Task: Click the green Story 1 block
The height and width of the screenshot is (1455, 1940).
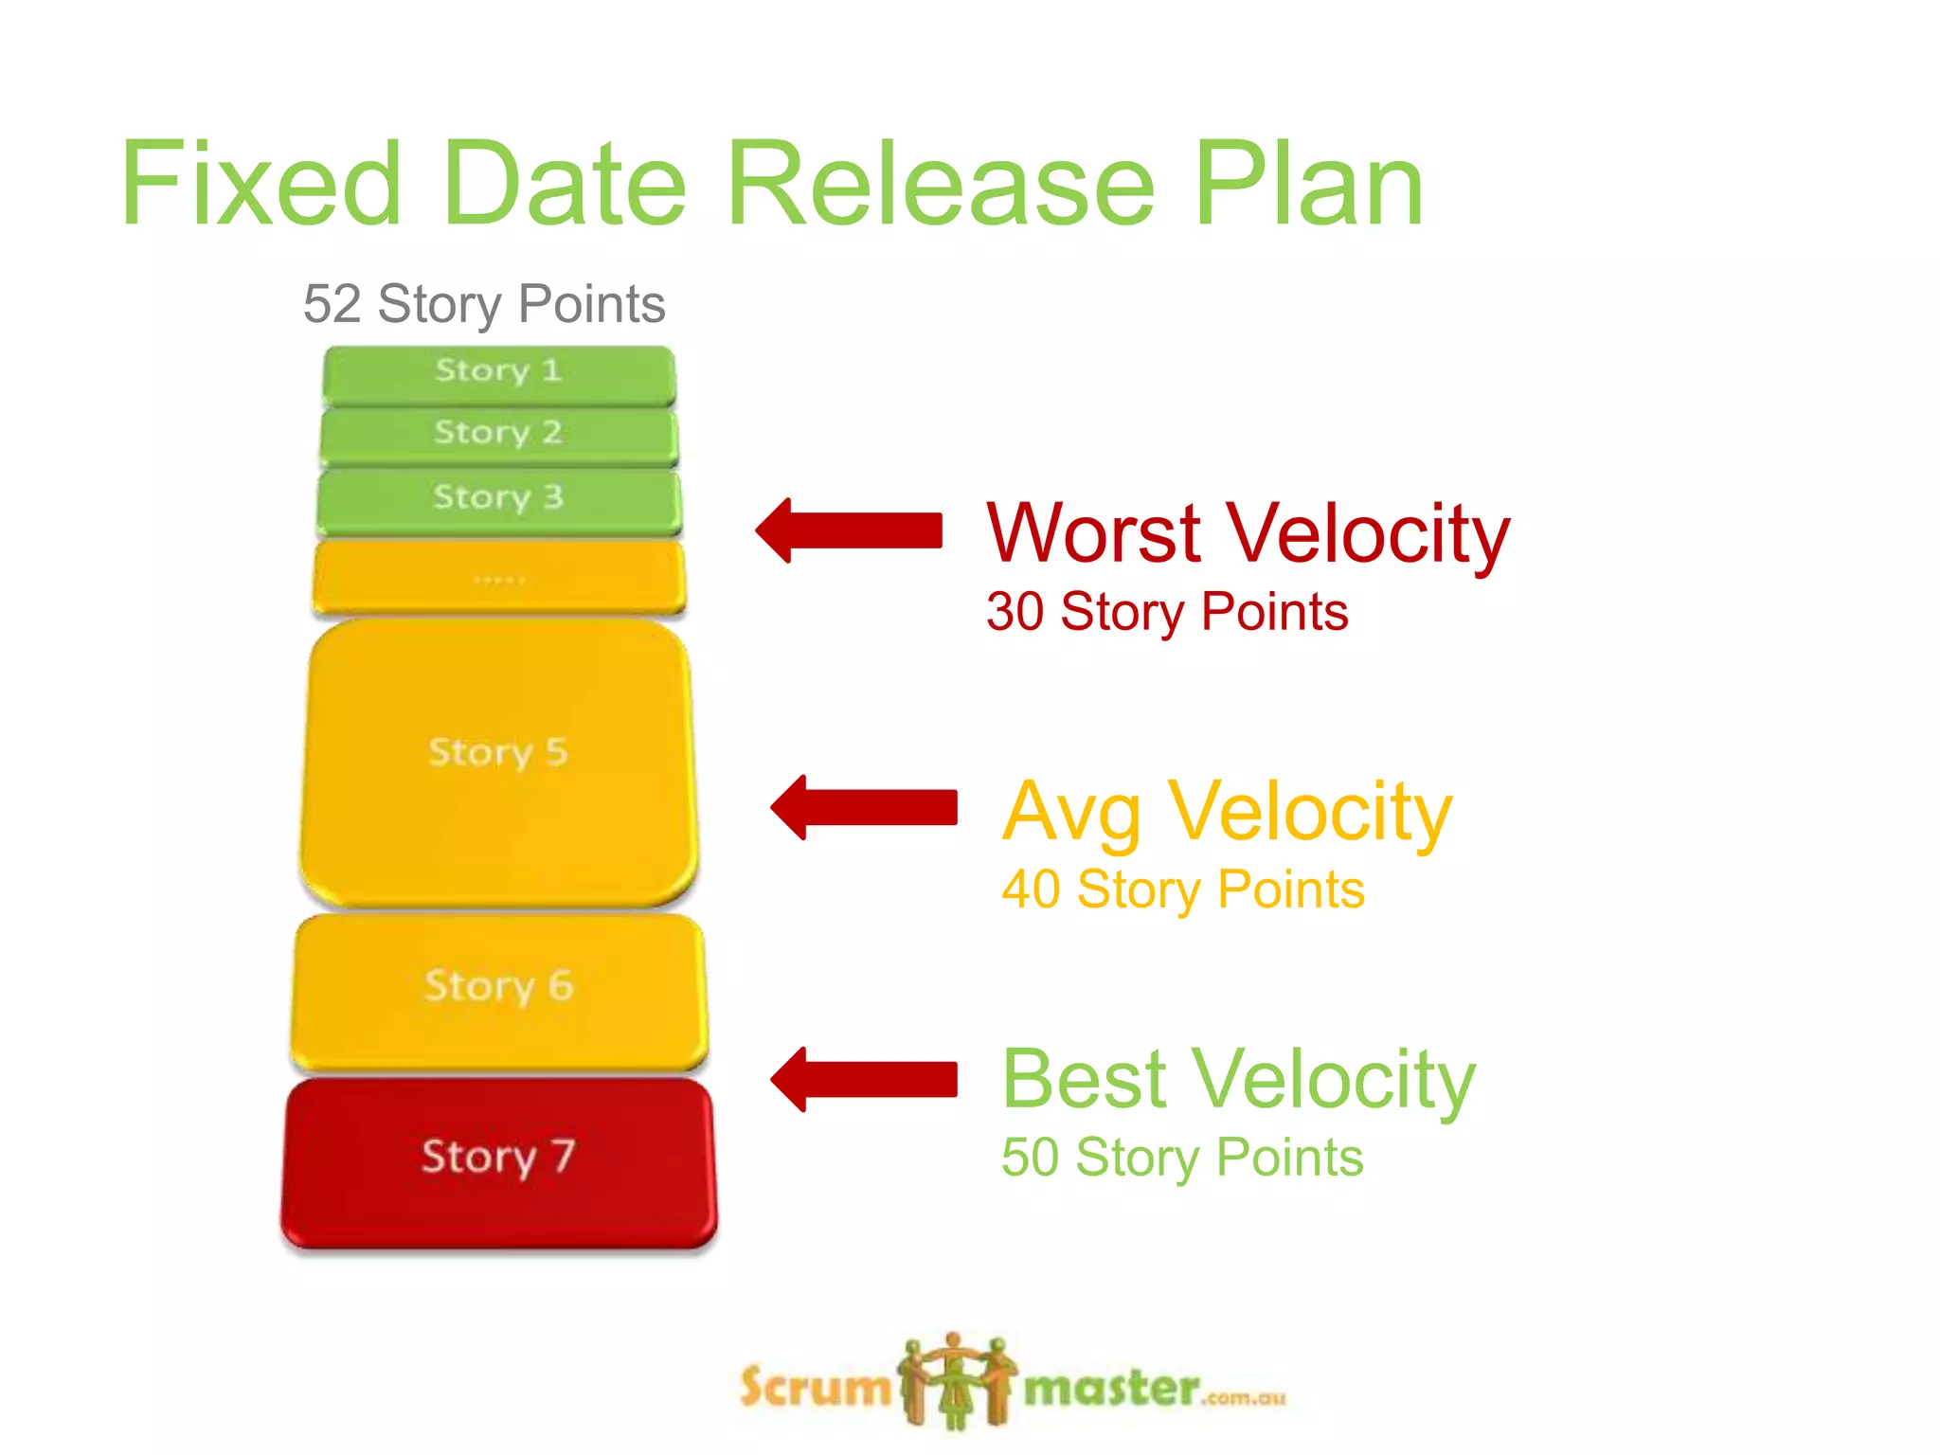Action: coord(498,374)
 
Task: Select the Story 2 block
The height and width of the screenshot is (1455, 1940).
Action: coord(498,435)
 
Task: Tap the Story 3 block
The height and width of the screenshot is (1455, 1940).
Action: coord(498,499)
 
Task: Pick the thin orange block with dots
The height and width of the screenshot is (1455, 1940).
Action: coord(498,577)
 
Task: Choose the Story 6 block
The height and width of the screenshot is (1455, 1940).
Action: coord(498,990)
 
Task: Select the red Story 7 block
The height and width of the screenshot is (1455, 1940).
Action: coord(498,1159)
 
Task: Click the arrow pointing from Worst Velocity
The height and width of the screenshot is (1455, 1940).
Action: coord(850,530)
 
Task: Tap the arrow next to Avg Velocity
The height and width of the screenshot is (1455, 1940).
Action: coord(864,807)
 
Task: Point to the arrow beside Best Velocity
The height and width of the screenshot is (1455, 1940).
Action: coord(864,1079)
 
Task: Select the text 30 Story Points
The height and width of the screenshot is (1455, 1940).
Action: coord(1166,612)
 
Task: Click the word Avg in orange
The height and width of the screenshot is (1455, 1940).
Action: coord(1071,813)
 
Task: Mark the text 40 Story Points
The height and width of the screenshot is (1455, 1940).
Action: coord(1182,889)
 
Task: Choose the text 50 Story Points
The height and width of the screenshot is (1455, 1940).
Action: coord(1181,1158)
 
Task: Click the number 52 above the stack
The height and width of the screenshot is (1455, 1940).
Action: coord(332,305)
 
